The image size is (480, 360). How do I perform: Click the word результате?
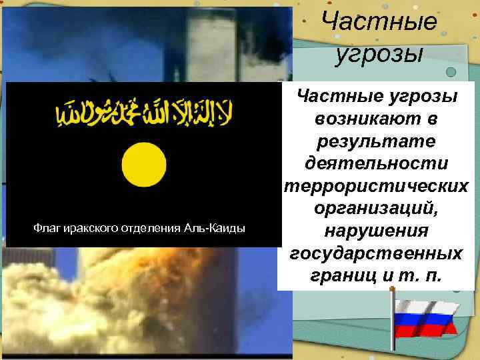click(377, 141)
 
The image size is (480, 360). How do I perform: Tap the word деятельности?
click(377, 163)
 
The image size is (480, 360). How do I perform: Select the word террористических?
click(377, 186)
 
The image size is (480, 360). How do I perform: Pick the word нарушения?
click(377, 231)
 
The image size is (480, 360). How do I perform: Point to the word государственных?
click(377, 253)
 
